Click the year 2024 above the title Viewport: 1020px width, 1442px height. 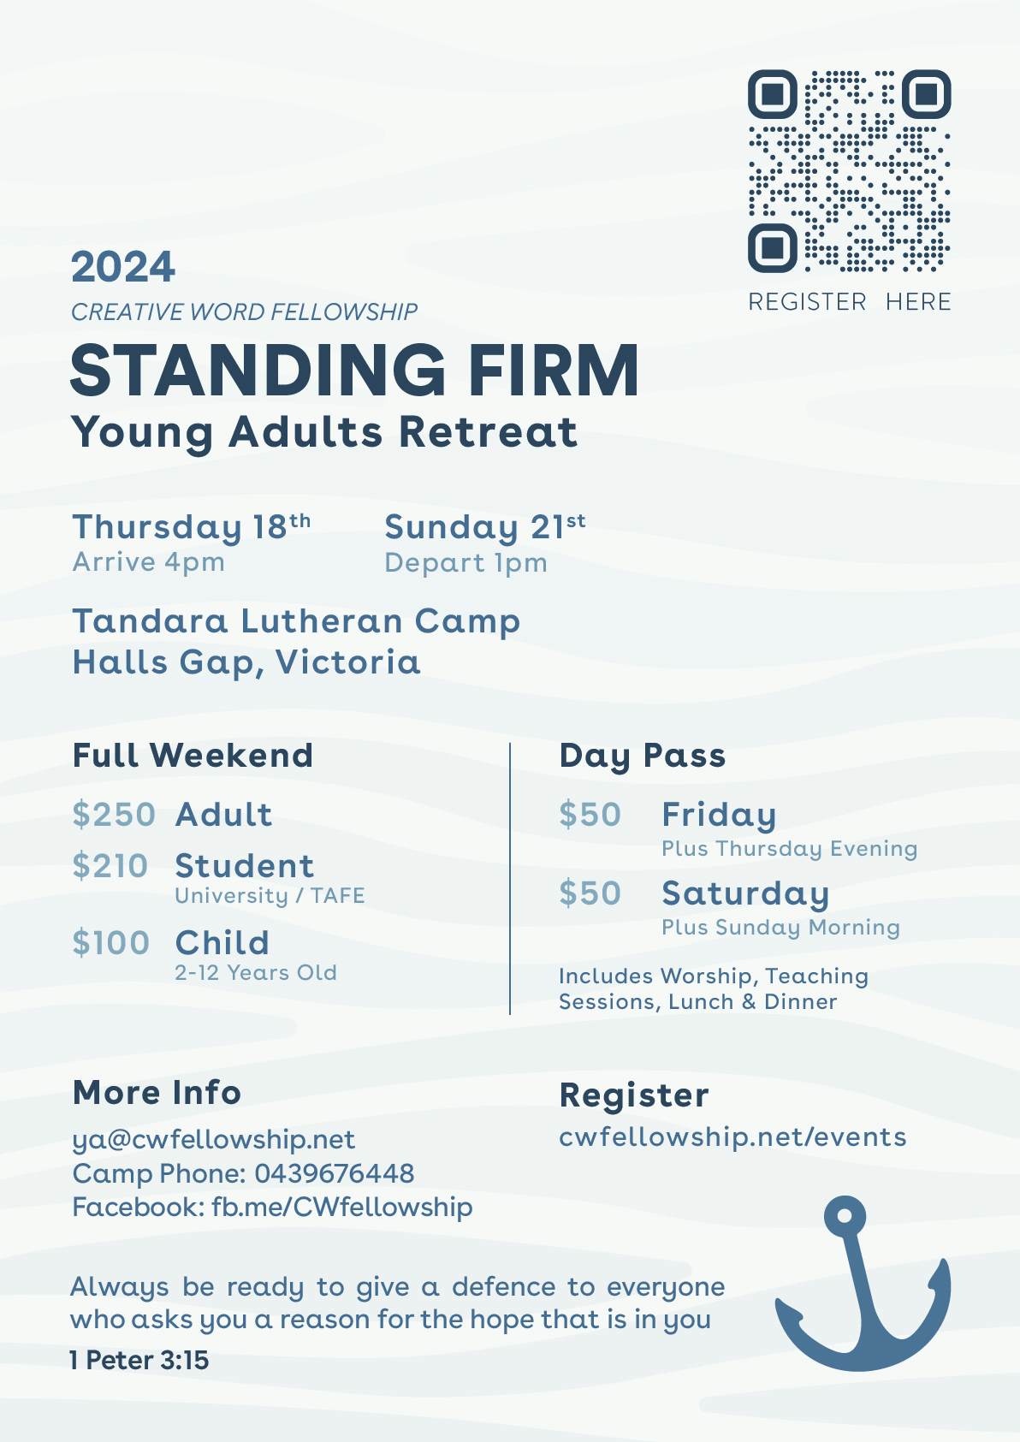click(x=123, y=266)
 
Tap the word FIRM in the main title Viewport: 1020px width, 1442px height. click(x=554, y=371)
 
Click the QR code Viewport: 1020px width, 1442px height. click(x=850, y=171)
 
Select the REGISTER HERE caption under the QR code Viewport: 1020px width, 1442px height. click(x=850, y=301)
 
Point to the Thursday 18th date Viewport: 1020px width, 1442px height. click(x=191, y=527)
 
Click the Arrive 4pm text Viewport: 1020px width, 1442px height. click(x=149, y=562)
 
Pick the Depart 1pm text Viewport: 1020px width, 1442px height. click(x=466, y=562)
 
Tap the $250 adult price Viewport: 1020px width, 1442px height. click(x=114, y=815)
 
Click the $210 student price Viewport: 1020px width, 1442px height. click(x=110, y=866)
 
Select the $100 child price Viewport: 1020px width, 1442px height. click(x=110, y=943)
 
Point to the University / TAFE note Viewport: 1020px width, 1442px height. click(x=270, y=895)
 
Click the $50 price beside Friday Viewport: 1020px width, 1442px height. click(x=590, y=815)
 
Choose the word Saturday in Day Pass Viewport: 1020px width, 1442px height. click(x=745, y=893)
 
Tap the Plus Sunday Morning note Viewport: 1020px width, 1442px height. click(x=780, y=928)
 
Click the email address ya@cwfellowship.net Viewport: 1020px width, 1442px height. click(x=214, y=1139)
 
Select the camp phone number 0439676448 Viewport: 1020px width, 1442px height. click(x=335, y=1173)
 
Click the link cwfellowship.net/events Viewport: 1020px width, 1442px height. click(x=732, y=1136)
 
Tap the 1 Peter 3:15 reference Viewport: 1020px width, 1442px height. click(x=139, y=1360)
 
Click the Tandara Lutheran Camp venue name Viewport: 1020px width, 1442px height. click(x=296, y=622)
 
